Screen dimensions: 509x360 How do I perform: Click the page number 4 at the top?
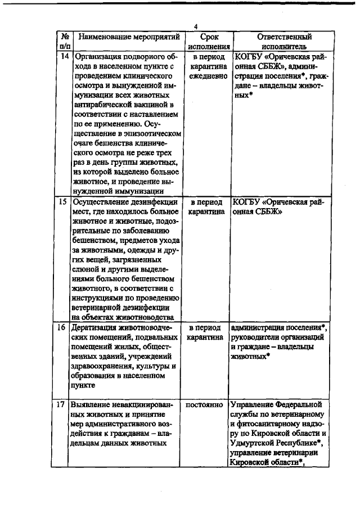(196, 28)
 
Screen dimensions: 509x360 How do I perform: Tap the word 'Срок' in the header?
(209, 37)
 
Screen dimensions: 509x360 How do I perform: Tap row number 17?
(65, 405)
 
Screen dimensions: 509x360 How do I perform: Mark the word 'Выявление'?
(91, 405)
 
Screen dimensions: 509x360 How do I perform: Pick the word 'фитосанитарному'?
(259, 424)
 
